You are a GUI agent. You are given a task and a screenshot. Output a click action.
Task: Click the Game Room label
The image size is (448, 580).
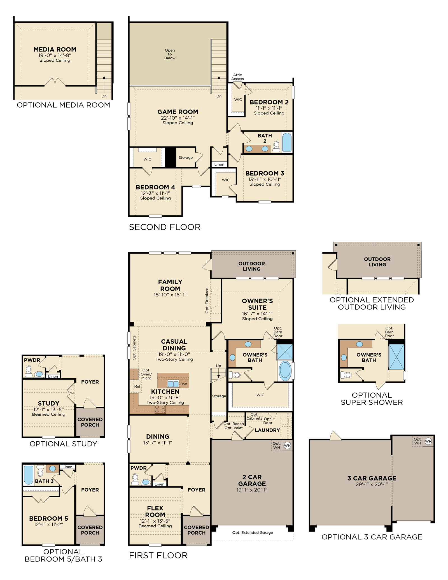coord(178,112)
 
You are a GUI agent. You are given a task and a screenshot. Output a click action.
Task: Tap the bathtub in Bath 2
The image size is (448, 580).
coord(287,142)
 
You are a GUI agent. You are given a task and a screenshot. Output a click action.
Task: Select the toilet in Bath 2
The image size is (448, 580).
coord(276,146)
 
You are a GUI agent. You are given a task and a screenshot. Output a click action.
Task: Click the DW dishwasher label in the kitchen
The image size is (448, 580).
coord(184,384)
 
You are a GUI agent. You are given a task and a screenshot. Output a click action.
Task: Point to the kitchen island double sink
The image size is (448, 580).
coord(173,384)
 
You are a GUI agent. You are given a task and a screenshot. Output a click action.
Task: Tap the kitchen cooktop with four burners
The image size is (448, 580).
coord(160,409)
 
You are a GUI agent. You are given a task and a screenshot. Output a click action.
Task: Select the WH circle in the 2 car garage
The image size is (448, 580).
coord(287,445)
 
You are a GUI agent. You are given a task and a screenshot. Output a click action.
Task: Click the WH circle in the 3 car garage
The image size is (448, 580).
coord(428,441)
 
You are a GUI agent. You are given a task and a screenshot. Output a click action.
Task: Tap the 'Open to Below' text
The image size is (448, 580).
coord(170,54)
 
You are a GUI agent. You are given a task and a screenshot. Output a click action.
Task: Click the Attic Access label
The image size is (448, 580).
coord(237,77)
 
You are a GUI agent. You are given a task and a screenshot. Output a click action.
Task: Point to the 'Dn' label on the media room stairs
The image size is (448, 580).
coord(104,96)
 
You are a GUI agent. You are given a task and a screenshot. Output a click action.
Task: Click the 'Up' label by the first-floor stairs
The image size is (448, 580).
coord(218,366)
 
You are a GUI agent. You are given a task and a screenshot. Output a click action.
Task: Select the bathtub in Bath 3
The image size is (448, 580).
coord(28,475)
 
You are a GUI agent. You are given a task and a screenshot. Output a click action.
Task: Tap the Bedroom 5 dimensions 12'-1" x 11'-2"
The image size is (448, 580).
coord(48,524)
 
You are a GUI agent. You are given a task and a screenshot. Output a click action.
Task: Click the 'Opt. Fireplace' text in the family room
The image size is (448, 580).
coord(207,301)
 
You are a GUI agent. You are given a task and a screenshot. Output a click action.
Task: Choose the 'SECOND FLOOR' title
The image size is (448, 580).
coord(165,227)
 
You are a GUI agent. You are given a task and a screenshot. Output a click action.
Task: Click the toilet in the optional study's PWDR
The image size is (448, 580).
coord(29,372)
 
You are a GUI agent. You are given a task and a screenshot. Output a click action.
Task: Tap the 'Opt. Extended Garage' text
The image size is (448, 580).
coord(253,532)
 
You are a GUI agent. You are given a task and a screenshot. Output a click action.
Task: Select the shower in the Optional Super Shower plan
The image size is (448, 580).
coord(396,357)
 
